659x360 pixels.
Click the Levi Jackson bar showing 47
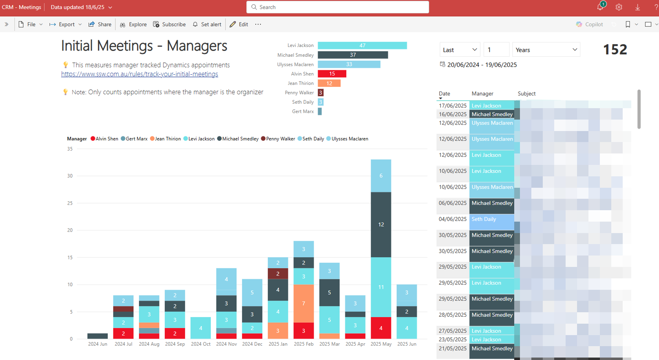[362, 46]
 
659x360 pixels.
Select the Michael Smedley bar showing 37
[353, 55]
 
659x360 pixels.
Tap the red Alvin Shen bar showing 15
[332, 74]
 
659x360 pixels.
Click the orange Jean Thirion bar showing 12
[329, 83]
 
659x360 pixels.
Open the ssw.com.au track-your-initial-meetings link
[139, 74]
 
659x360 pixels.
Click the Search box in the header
[338, 7]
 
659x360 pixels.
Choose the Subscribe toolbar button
[169, 24]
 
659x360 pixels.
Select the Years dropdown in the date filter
[546, 50]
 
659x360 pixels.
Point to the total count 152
[615, 50]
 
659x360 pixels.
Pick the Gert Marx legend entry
[134, 139]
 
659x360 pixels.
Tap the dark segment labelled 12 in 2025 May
[381, 224]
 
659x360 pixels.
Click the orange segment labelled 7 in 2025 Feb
[303, 303]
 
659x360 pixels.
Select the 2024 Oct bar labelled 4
[201, 328]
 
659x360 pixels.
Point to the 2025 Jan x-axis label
[278, 344]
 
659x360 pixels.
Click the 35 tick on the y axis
[70, 149]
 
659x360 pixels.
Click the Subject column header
[526, 93]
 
